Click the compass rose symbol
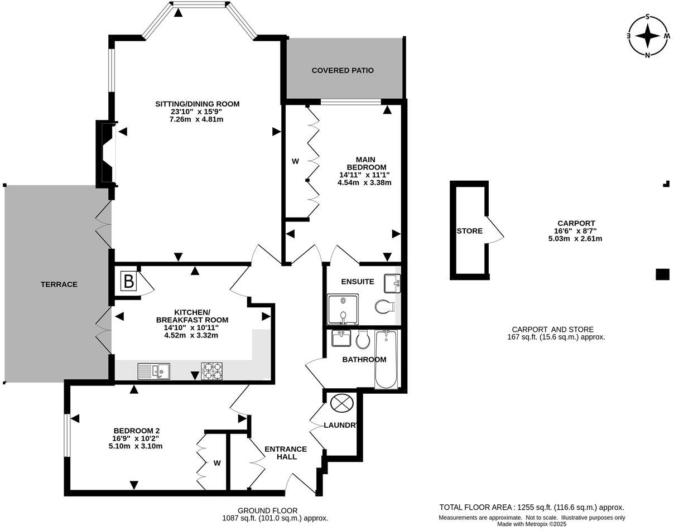[647, 36]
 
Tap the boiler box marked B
[128, 281]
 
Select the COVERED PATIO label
[343, 70]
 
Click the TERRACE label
[59, 284]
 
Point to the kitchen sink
[154, 371]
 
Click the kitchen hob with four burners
[211, 371]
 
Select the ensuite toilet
[385, 306]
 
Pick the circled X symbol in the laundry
[341, 403]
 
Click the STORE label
[469, 231]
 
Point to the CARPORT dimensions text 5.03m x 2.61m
[575, 239]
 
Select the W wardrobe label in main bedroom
[295, 162]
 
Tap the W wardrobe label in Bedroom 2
[217, 463]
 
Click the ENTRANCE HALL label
[286, 453]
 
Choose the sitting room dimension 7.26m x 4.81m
[197, 119]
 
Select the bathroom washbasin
[341, 338]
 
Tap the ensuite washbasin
[392, 283]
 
